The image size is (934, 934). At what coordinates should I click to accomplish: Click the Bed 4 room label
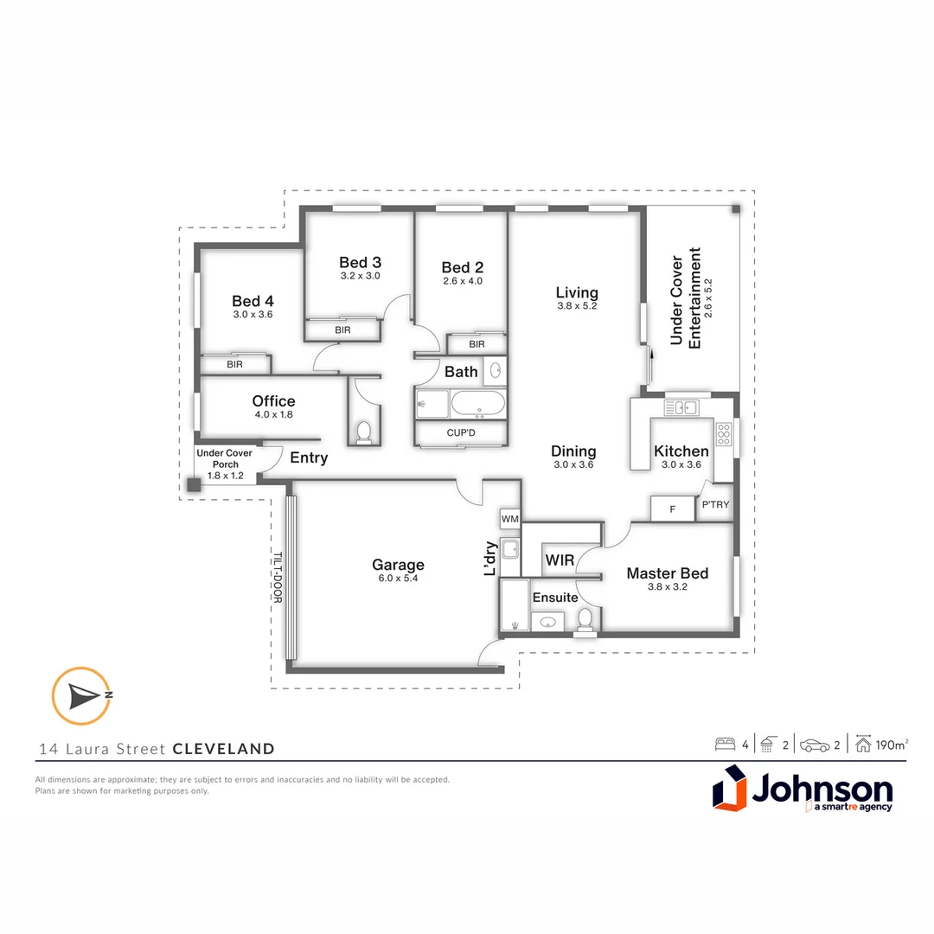(x=253, y=301)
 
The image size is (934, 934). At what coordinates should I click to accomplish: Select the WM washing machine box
(x=509, y=518)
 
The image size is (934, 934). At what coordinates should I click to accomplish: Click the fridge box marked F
(x=672, y=509)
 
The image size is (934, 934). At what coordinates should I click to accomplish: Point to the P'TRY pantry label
(x=715, y=505)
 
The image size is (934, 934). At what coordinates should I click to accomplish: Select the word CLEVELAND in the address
(x=224, y=749)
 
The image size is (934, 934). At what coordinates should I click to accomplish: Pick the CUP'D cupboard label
(x=460, y=432)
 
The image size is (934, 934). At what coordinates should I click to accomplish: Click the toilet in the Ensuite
(x=585, y=618)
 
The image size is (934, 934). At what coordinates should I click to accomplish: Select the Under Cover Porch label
(x=224, y=458)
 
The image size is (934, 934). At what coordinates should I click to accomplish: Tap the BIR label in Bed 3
(x=342, y=330)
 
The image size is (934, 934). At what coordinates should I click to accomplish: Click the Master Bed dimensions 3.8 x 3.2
(x=667, y=588)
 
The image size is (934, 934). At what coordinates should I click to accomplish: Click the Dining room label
(x=573, y=451)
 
